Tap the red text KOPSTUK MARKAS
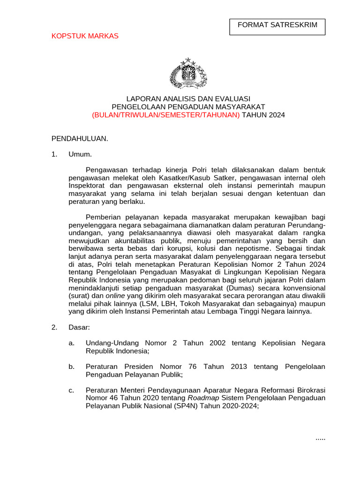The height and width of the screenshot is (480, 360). point(85,36)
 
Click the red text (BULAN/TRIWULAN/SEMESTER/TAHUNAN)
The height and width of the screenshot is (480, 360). point(165,115)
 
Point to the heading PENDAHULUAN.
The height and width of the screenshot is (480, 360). point(80,138)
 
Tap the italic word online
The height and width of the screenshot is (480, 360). point(115,296)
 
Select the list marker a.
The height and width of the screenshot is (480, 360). point(72,343)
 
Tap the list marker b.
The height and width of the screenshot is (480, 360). point(72,367)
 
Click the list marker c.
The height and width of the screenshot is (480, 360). point(72,390)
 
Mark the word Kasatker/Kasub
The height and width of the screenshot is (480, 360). point(171,178)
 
